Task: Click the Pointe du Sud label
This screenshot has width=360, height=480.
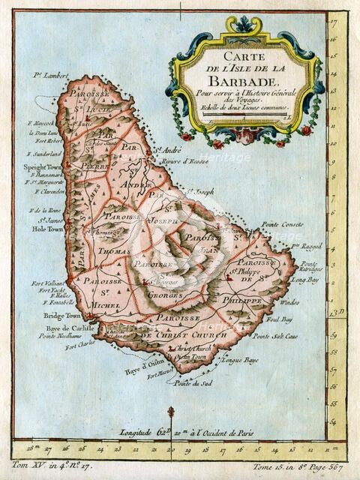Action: [190, 383]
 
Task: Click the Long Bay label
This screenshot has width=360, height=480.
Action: [308, 278]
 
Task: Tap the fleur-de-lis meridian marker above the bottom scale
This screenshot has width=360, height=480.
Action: [171, 415]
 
